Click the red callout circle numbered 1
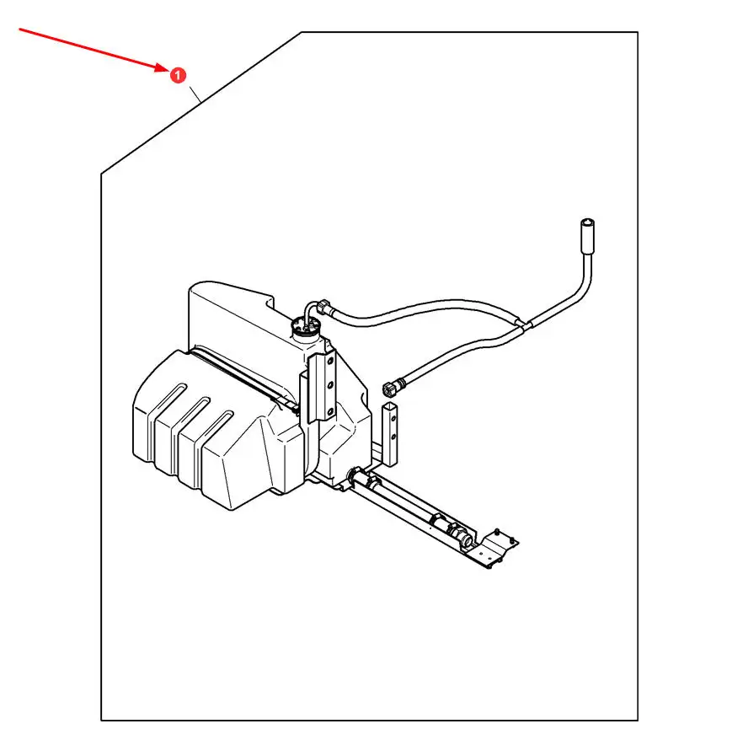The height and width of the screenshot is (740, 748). point(177,75)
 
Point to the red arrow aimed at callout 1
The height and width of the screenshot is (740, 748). point(93,50)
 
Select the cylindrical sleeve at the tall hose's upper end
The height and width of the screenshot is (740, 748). point(588,231)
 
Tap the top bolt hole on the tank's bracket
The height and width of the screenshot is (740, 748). point(330,361)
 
